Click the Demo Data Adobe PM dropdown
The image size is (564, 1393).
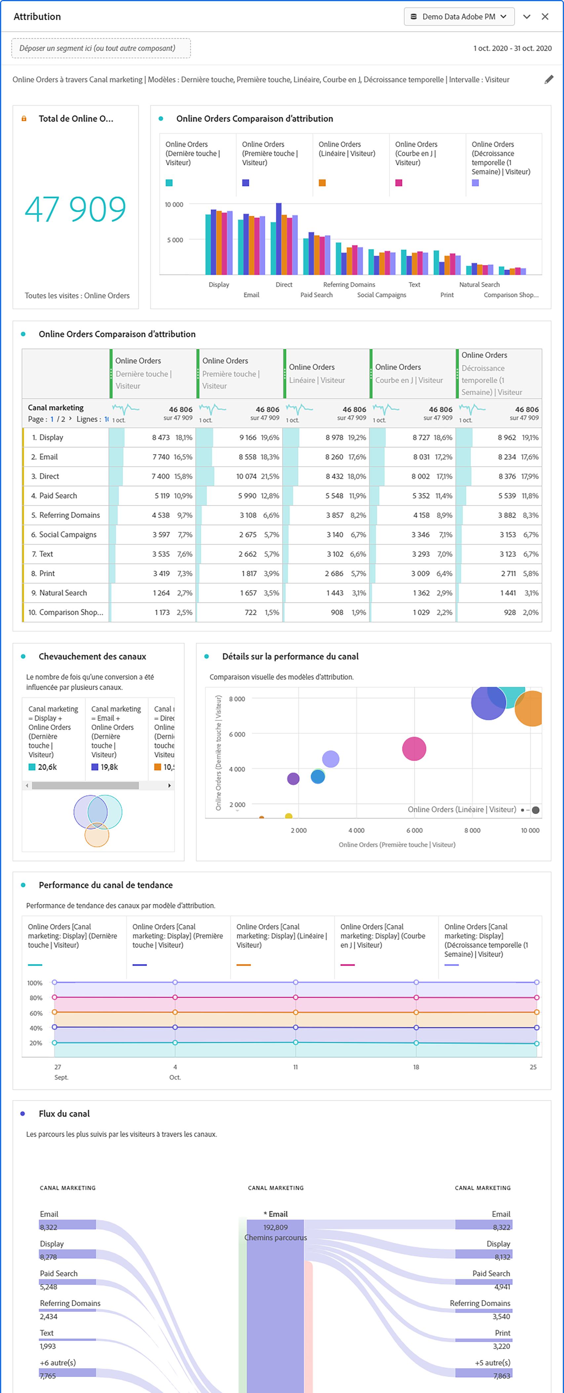459,17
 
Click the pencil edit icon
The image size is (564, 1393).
548,80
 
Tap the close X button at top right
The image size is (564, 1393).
545,17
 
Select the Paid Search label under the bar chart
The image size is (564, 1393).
316,295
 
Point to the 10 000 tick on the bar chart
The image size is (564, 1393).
174,205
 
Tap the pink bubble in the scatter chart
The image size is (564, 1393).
414,749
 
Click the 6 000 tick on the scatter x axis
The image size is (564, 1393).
414,830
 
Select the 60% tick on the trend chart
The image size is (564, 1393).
36,1013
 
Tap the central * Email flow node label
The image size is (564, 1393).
276,1214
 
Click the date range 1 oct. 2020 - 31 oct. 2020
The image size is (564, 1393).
512,48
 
